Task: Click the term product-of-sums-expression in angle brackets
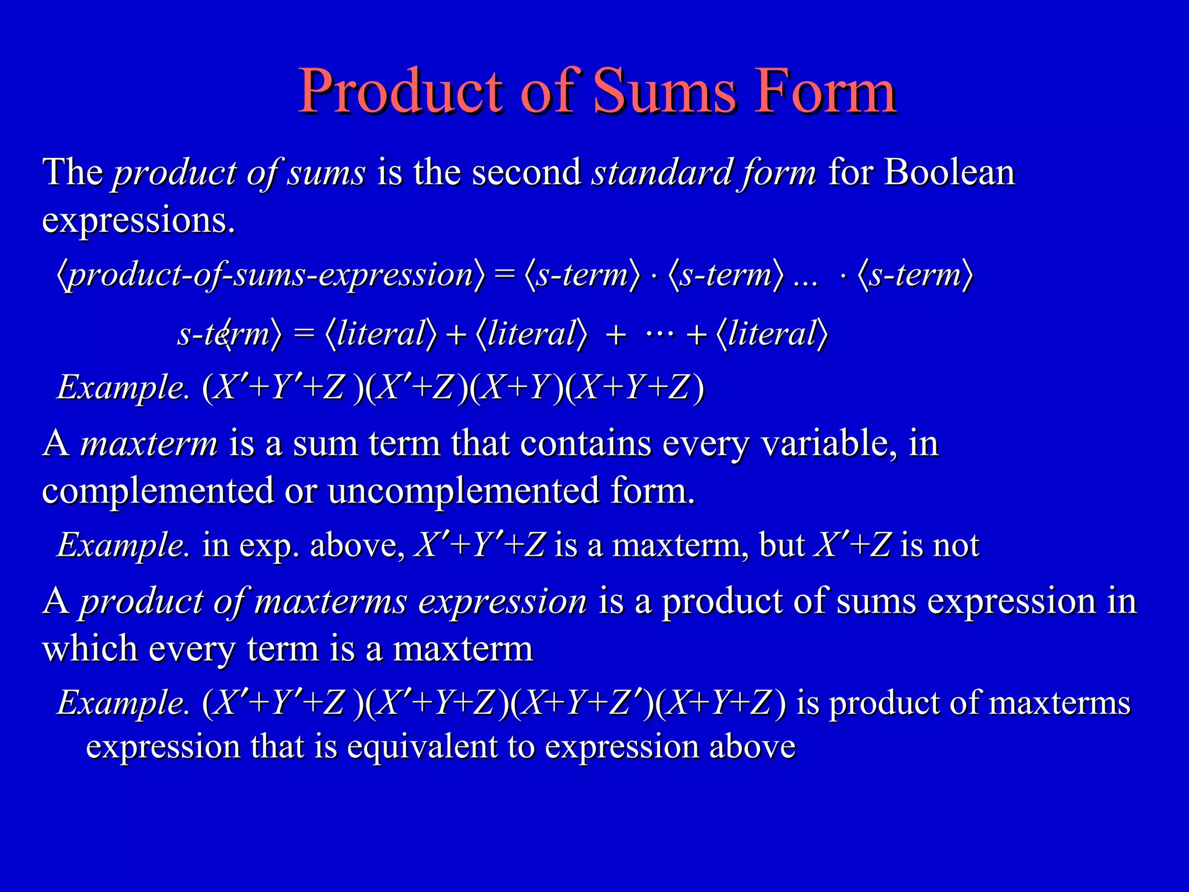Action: click(271, 275)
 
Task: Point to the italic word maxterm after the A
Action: click(149, 444)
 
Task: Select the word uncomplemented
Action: click(463, 491)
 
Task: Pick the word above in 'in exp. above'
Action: click(356, 545)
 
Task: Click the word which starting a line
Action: click(90, 649)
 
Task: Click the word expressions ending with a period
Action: click(138, 221)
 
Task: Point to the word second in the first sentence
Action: click(527, 172)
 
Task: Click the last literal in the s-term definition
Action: click(772, 334)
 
